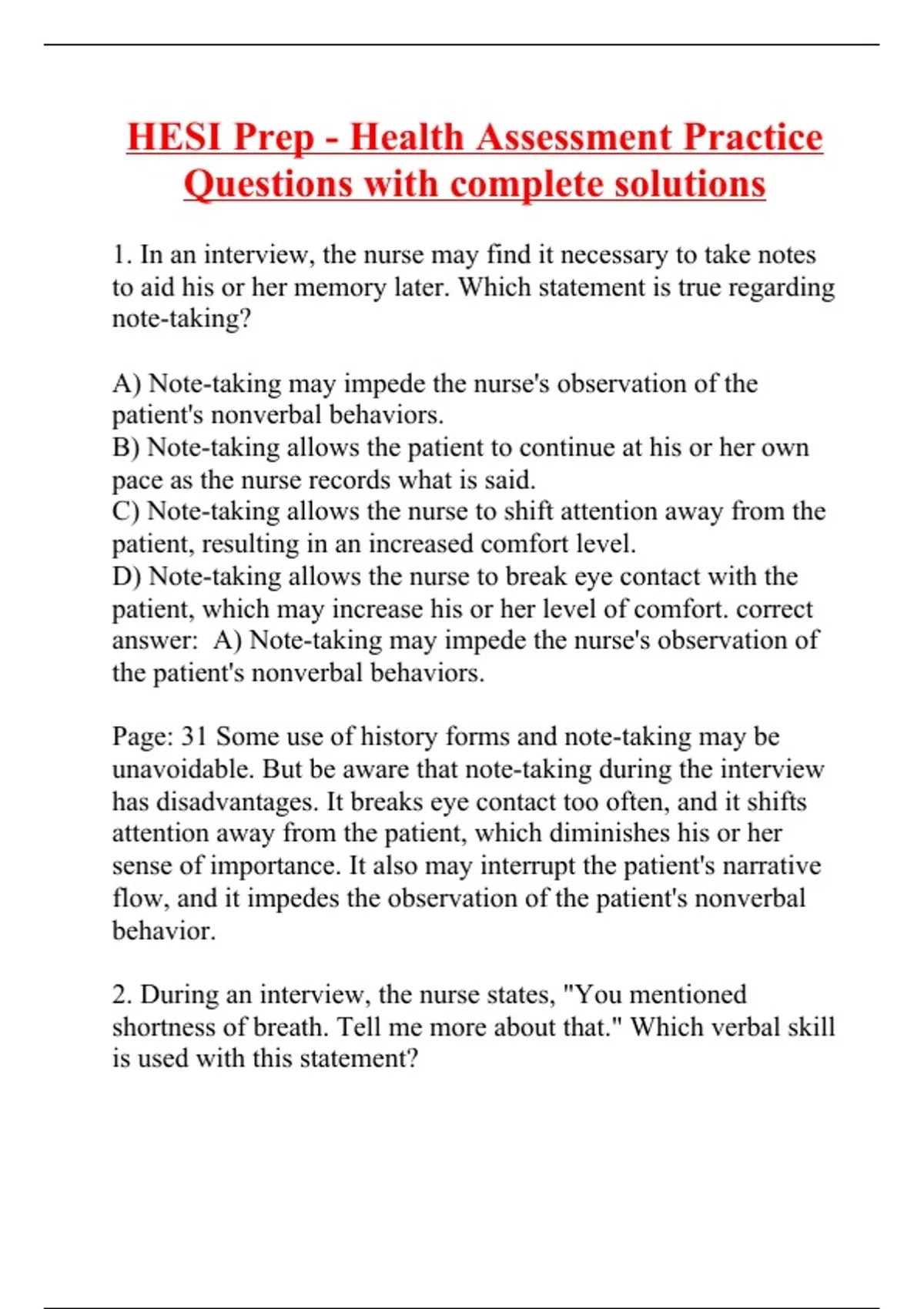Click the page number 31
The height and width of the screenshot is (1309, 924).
tap(194, 737)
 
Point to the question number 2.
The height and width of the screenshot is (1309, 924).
tap(122, 994)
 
